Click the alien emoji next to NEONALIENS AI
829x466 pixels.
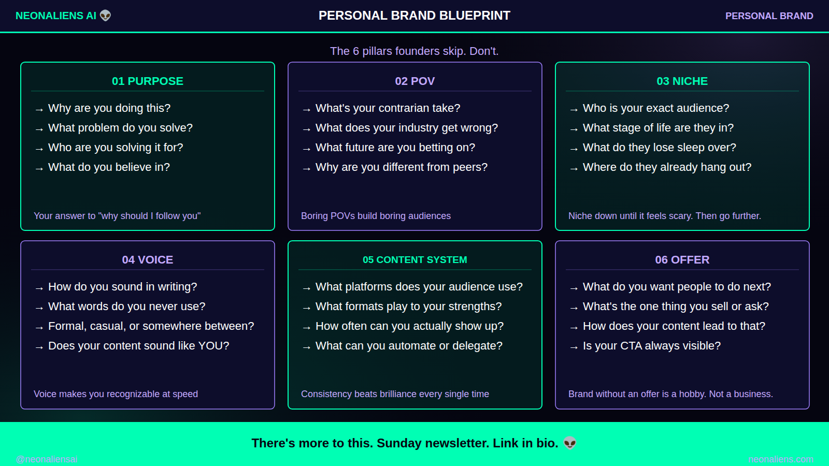[x=106, y=16]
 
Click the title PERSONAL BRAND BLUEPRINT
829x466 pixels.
[x=414, y=16]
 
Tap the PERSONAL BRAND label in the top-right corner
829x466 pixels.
[x=769, y=16]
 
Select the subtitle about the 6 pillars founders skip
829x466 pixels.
[x=414, y=51]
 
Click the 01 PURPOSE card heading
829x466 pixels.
[x=148, y=81]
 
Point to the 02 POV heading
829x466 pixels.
[x=415, y=81]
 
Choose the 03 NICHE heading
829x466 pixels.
[x=682, y=81]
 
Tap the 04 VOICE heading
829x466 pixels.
[x=148, y=259]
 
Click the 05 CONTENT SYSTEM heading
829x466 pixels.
[x=415, y=259]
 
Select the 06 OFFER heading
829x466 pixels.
[x=682, y=259]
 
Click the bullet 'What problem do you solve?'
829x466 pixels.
[x=120, y=127]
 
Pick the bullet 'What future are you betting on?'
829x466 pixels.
[x=395, y=147]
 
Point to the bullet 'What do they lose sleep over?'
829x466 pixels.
[x=660, y=147]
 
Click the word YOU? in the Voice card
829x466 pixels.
[x=214, y=345]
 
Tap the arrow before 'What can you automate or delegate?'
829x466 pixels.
[x=306, y=347]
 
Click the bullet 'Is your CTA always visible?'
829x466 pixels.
[x=652, y=345]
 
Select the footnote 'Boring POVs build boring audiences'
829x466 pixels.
[x=376, y=215]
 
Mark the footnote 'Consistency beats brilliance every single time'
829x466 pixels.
[x=395, y=394]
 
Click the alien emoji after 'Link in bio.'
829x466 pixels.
[x=570, y=443]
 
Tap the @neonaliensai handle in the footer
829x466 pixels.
[x=47, y=459]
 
